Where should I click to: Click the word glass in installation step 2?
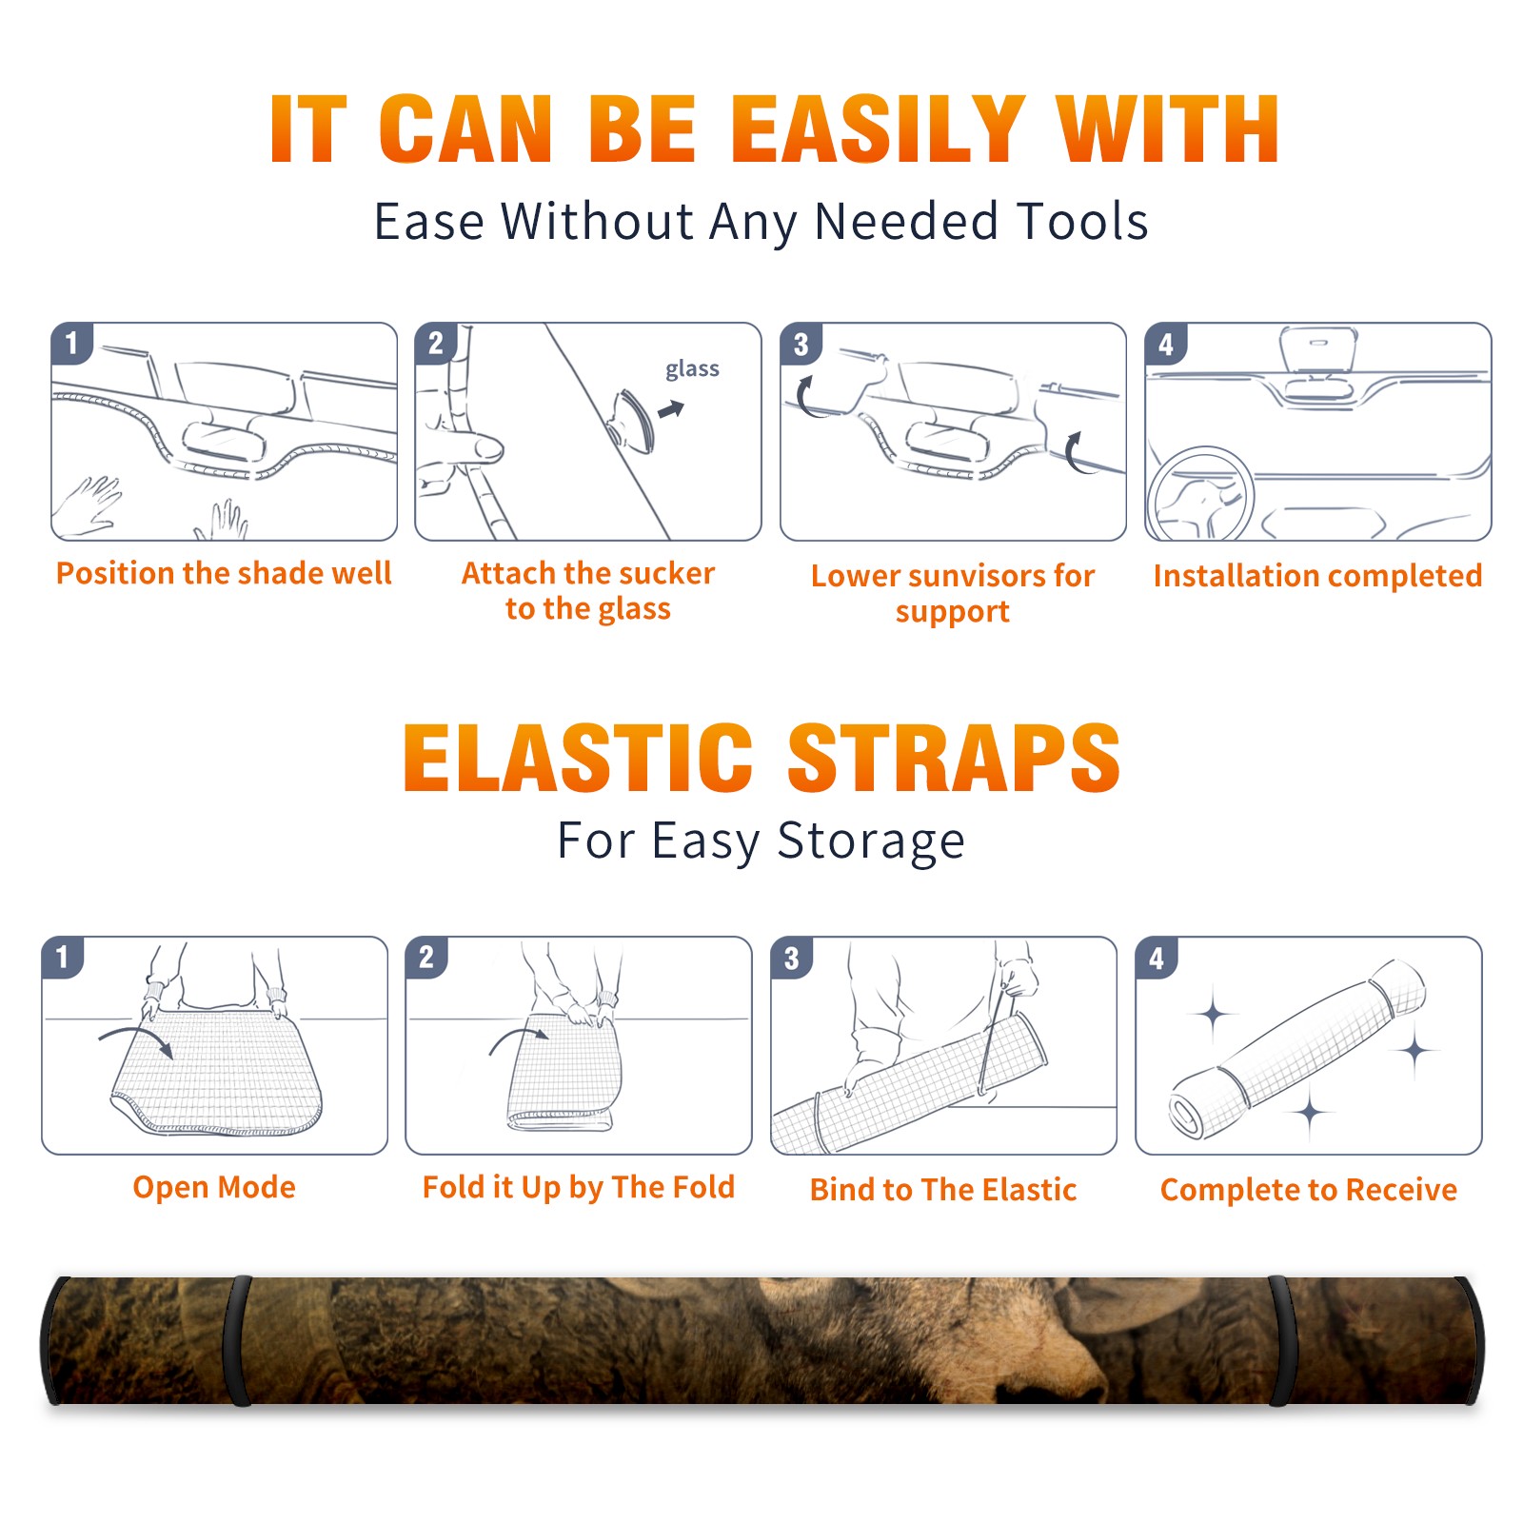pos(692,368)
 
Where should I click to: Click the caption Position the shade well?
pos(224,573)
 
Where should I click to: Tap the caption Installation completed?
pos(1317,575)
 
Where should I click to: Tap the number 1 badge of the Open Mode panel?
pos(63,957)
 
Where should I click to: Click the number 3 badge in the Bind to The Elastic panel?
pos(792,958)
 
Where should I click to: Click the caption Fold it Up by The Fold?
pos(579,1187)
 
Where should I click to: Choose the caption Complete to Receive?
pos(1309,1190)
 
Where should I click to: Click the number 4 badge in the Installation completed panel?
pos(1166,344)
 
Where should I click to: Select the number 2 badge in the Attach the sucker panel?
pos(436,343)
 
